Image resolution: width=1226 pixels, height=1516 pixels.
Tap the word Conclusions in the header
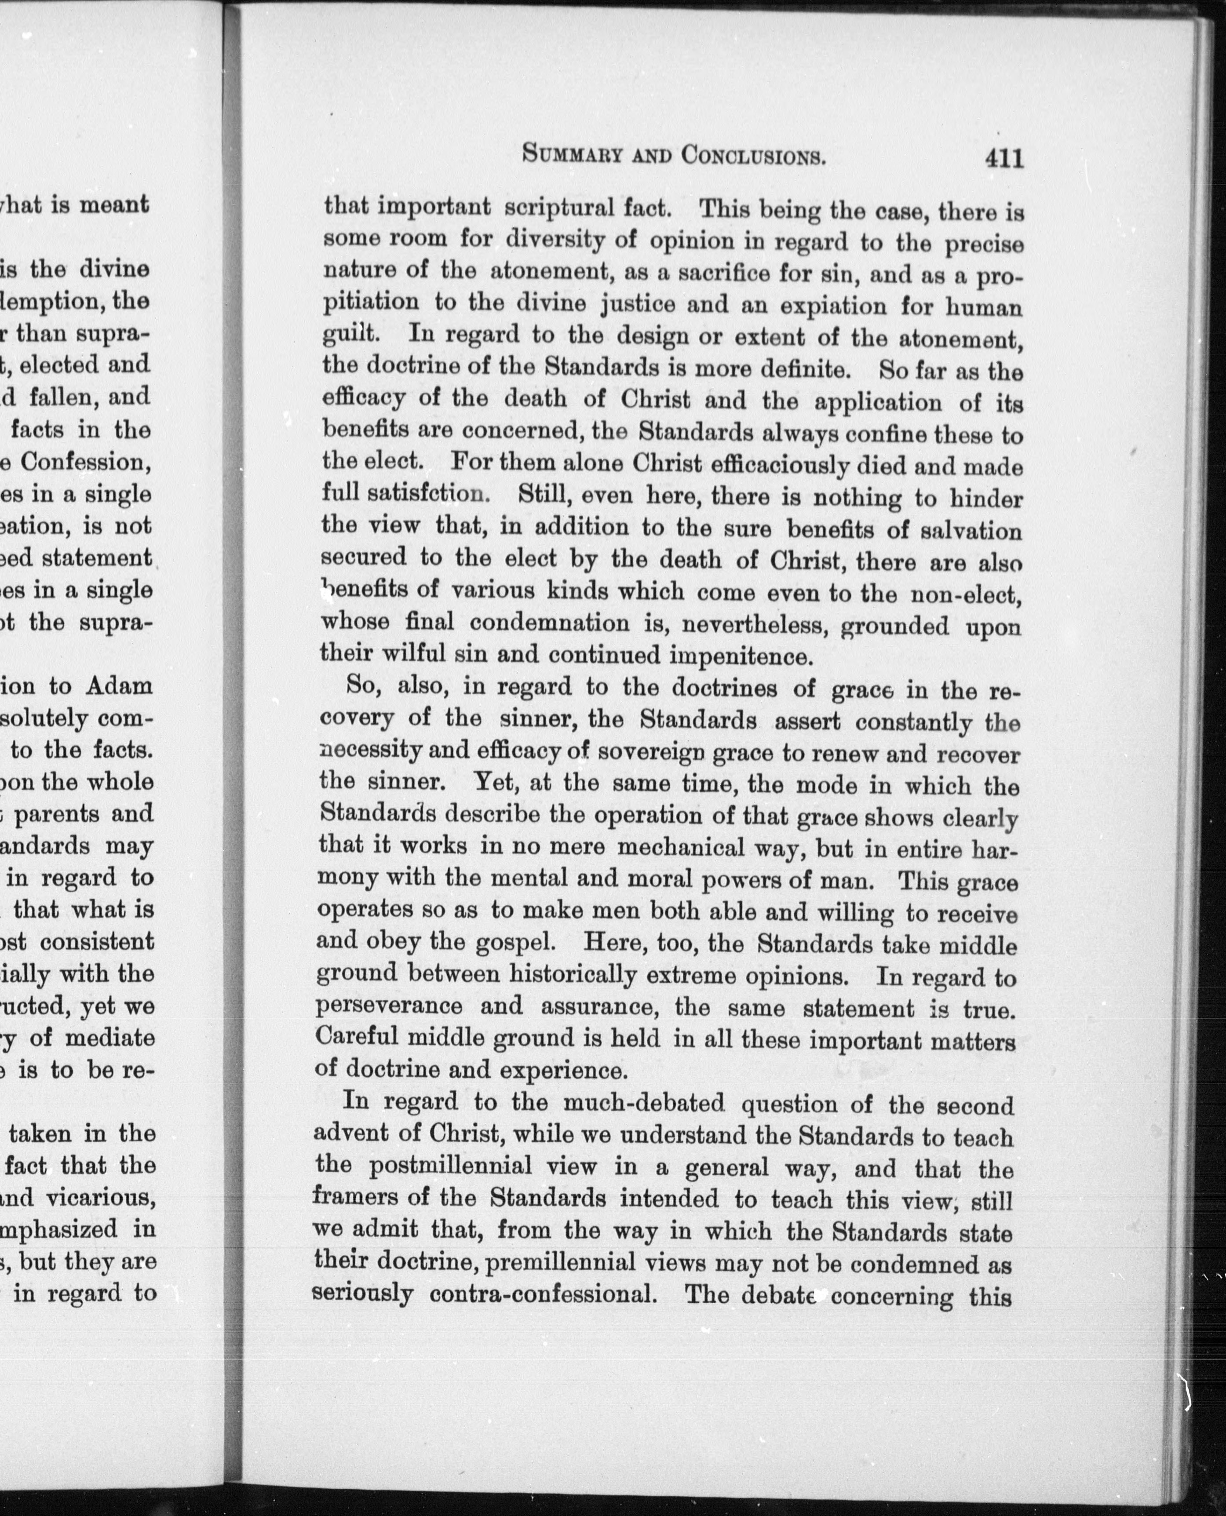(x=754, y=155)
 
